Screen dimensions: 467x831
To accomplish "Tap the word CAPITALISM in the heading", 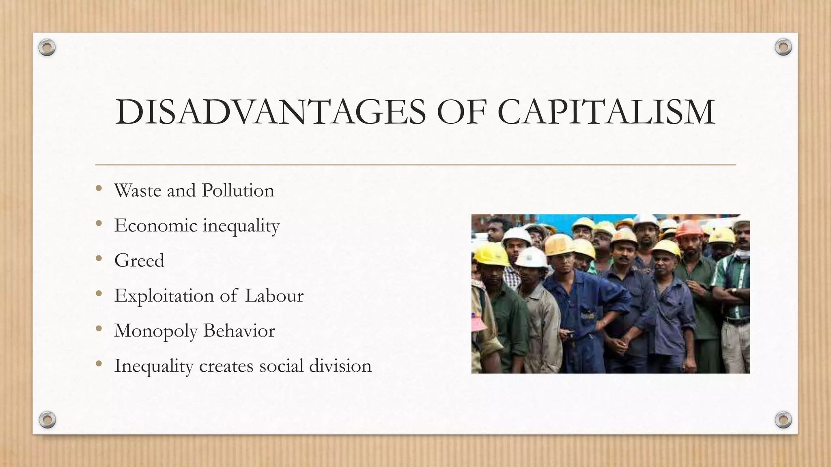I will [606, 112].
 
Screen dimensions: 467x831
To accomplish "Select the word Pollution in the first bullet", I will [238, 191].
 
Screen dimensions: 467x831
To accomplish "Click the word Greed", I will [139, 260].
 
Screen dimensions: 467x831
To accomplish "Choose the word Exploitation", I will [164, 296].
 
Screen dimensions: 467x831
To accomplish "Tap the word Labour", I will [274, 296].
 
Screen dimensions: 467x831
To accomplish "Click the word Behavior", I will [239, 331].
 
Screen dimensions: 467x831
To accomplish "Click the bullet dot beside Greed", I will [99, 259].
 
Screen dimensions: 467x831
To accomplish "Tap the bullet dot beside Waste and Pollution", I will [99, 189].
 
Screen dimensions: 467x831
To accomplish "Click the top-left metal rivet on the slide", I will [47, 48].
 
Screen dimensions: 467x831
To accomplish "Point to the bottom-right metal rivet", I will [783, 420].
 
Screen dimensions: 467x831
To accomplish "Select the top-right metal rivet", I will [783, 47].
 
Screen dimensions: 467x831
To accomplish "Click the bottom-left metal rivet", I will [47, 420].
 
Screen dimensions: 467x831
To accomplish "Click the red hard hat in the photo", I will [689, 229].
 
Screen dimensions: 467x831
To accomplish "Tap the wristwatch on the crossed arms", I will [734, 291].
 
